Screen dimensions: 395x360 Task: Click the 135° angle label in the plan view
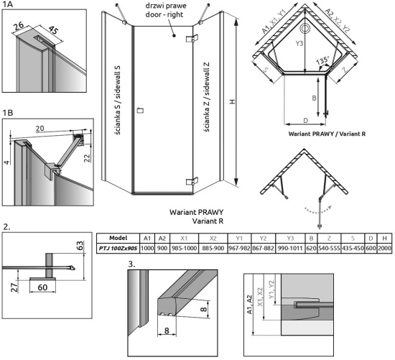322,61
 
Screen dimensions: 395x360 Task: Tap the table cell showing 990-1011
290,249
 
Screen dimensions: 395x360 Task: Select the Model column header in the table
118,238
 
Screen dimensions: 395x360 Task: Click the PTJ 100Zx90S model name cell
118,249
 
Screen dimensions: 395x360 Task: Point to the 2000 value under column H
384,249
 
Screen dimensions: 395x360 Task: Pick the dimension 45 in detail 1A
53,30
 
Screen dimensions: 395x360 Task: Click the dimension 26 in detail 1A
19,25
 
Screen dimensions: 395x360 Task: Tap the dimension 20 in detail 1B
39,129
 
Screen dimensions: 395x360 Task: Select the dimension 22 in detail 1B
87,158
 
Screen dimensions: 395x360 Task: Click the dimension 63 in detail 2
79,246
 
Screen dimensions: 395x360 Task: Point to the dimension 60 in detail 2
42,287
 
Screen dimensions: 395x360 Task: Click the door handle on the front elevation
140,111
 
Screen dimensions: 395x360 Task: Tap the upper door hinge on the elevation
192,38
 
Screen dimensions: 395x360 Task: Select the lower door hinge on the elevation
192,182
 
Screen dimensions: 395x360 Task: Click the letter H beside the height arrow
232,101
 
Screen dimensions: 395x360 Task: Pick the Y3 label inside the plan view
299,44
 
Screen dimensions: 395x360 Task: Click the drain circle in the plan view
305,29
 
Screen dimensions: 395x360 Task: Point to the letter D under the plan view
305,121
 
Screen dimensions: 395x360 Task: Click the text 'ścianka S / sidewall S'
118,100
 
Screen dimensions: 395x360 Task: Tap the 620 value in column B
312,249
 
